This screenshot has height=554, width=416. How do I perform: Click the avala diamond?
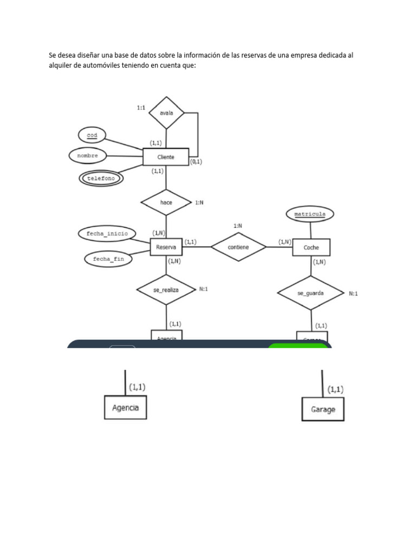166,113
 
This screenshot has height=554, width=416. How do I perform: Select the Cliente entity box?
165,157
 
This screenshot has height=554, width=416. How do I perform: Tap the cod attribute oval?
92,135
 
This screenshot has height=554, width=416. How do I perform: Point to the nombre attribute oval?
87,155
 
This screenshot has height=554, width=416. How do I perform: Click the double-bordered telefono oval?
102,177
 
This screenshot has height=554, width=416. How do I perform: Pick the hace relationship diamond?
166,202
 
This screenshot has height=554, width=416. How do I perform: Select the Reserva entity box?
166,247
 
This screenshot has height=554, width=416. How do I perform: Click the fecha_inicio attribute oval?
107,234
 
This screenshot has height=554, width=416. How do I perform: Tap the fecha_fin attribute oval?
108,259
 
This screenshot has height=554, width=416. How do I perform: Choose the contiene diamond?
238,247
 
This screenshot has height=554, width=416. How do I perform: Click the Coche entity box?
311,247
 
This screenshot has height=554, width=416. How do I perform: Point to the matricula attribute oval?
310,214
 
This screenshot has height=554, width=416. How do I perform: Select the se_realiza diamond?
166,289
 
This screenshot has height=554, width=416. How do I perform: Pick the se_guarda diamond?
310,293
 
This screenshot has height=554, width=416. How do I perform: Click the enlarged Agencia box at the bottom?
125,407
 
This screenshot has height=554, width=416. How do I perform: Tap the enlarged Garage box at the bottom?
323,409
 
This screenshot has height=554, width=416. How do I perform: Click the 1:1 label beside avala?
141,108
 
